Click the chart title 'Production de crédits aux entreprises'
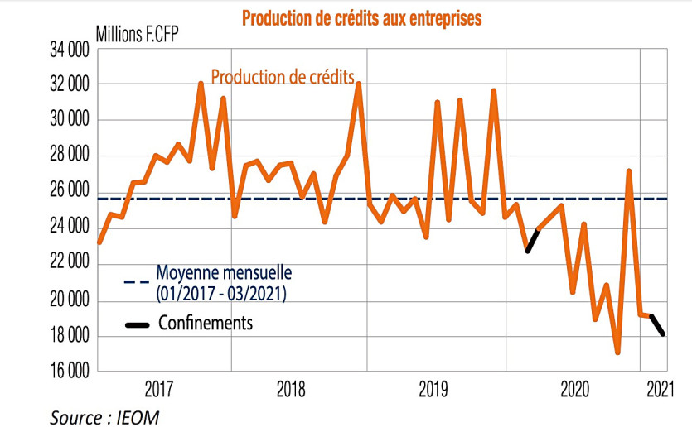pos(361,17)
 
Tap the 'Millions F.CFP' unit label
pos(137,36)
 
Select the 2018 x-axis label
pos(292,388)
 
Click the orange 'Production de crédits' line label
pos(288,77)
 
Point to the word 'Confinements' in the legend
pos(206,322)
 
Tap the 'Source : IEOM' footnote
pos(104,416)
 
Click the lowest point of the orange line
pos(617,353)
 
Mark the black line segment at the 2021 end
pos(661,325)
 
